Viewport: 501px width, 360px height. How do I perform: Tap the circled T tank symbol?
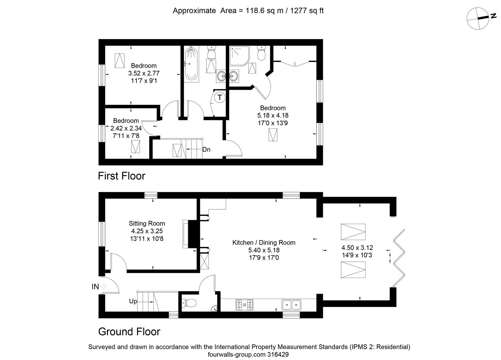pos(219,98)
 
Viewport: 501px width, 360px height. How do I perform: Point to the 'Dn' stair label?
pos(206,149)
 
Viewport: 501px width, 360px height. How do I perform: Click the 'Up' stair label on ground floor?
pos(133,301)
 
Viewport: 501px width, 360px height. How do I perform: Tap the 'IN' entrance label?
pos(95,286)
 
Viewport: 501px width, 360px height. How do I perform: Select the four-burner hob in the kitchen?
pos(244,305)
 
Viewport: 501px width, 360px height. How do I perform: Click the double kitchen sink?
pos(292,305)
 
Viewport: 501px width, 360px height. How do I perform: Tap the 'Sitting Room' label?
pos(147,223)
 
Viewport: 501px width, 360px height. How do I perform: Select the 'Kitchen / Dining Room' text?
pos(264,243)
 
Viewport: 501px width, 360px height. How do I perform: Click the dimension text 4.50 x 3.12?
pos(357,248)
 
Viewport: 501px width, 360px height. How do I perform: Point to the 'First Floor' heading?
pos(121,176)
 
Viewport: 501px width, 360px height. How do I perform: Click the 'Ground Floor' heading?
pos(129,331)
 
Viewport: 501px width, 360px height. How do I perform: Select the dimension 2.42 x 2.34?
pos(126,128)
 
